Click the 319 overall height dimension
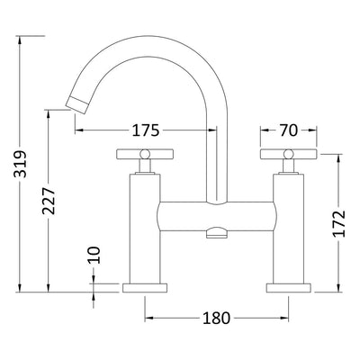pos(20,164)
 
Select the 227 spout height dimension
pos(49,201)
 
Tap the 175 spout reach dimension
pos(146,130)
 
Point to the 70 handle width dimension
pos(289,130)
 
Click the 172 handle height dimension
pos(339,223)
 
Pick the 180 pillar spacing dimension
pos(216,318)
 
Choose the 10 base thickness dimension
pos(94,255)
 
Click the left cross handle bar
pos(145,154)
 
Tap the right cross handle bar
pos(289,154)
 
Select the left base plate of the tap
pos(145,288)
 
